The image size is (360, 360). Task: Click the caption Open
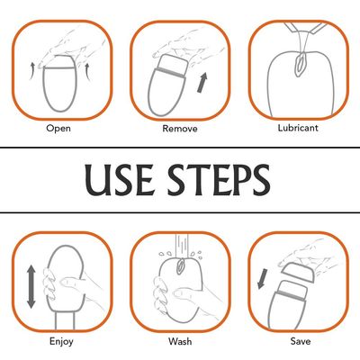[x=58, y=129]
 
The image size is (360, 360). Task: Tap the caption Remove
[x=180, y=129]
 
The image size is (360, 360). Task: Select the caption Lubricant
[x=298, y=128]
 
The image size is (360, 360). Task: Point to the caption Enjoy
[x=61, y=342]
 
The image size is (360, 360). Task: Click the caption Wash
[x=180, y=341]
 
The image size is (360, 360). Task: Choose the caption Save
[x=301, y=341]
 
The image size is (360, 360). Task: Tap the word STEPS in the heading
[x=220, y=180]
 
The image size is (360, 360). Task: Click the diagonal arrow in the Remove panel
[x=202, y=83]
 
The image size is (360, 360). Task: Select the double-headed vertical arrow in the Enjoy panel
[x=31, y=287]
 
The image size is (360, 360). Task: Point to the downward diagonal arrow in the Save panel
[x=263, y=279]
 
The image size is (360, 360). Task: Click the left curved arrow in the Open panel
[x=32, y=71]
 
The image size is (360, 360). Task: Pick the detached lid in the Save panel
[x=299, y=272]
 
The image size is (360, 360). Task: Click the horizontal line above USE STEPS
[x=180, y=148]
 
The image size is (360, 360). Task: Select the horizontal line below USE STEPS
[x=180, y=212]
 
